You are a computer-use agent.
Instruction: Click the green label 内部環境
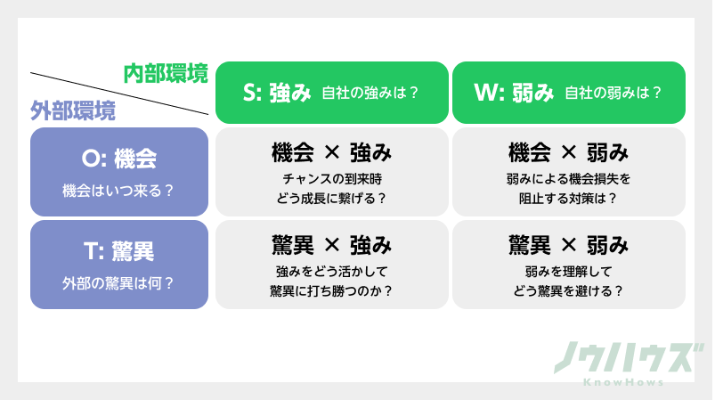click(x=166, y=74)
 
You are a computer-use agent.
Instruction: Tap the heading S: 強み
click(x=277, y=93)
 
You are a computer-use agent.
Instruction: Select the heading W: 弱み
click(x=515, y=93)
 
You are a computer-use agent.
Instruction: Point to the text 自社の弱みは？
click(x=613, y=93)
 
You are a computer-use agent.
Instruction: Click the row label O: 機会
click(x=118, y=159)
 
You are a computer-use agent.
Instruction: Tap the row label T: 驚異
click(x=118, y=252)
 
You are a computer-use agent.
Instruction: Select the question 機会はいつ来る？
click(x=118, y=191)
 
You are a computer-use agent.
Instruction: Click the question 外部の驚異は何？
click(x=118, y=283)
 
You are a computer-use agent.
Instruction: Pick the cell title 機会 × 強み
click(x=331, y=152)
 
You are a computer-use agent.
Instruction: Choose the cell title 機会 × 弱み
click(x=569, y=152)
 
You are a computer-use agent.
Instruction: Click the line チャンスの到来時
click(x=331, y=179)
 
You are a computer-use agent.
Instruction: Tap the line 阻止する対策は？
click(x=569, y=198)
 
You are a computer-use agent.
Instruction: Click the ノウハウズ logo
click(x=622, y=359)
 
